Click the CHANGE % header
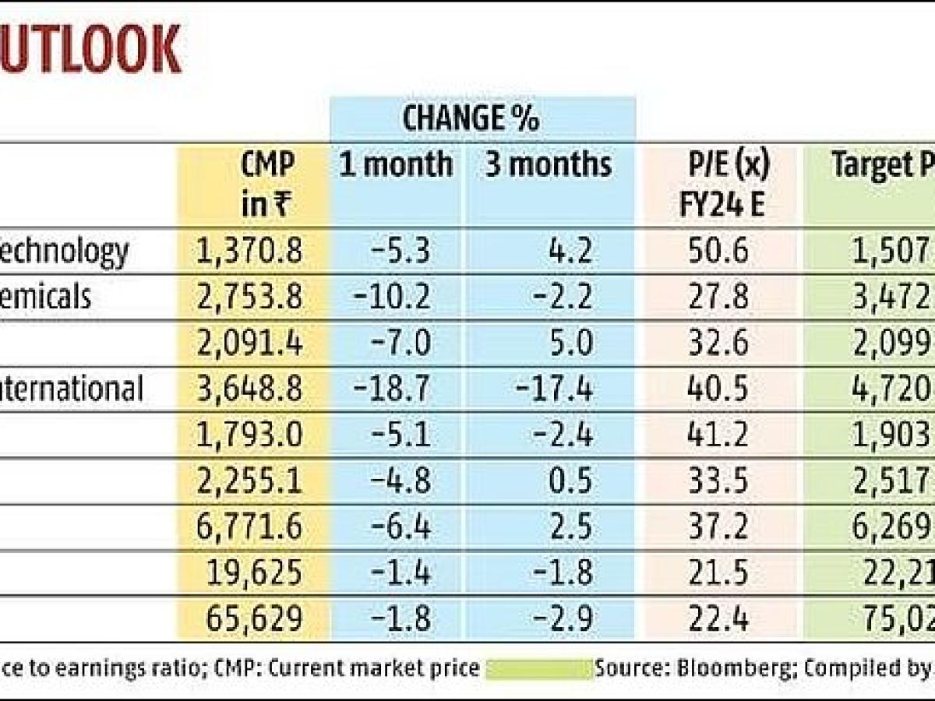click(471, 119)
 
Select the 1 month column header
click(395, 164)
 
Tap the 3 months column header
click(548, 164)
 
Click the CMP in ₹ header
click(267, 185)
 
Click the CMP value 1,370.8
click(252, 252)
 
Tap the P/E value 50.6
click(719, 252)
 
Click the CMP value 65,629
click(255, 620)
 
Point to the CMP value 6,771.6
click(252, 527)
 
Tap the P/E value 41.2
click(719, 435)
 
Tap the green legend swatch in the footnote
click(539, 669)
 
